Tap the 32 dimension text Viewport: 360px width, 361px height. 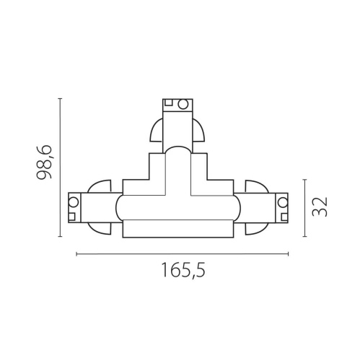click(321, 206)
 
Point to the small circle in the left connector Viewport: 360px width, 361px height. click(73, 201)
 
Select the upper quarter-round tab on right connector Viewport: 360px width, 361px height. click(255, 186)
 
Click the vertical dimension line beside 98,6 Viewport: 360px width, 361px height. click(60, 167)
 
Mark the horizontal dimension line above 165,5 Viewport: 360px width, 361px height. click(182, 253)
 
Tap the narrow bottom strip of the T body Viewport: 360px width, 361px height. click(180, 230)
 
